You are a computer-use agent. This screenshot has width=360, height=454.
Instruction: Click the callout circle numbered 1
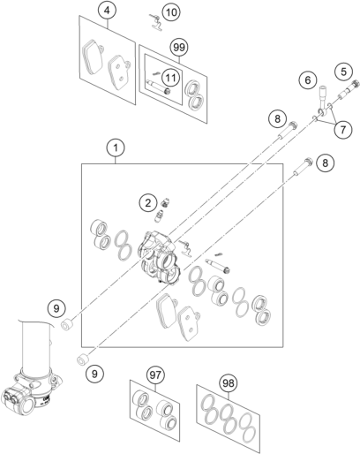116,148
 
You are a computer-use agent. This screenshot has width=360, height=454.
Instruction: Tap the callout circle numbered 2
148,202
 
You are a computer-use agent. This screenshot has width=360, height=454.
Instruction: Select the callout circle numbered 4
107,11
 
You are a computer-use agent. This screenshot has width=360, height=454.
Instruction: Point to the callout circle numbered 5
343,72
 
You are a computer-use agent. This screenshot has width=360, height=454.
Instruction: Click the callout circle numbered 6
308,79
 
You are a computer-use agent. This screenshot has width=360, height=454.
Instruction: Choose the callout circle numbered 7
343,129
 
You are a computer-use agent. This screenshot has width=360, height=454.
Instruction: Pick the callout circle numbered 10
171,12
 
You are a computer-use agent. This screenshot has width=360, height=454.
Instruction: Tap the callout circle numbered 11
171,78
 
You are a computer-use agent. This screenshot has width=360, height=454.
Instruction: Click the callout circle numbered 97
155,375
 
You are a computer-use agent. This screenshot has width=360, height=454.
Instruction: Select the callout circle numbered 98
229,383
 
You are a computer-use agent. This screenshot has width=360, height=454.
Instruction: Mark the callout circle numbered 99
179,47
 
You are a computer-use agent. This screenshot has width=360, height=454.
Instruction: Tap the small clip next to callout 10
156,23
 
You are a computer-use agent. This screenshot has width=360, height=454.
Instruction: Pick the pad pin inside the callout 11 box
159,87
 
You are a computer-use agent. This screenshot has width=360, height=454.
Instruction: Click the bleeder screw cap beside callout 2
166,202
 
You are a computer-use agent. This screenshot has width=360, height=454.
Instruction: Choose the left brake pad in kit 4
93,57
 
